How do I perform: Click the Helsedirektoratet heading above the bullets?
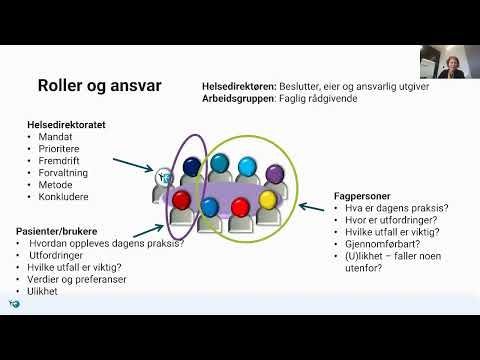pyautogui.click(x=67, y=124)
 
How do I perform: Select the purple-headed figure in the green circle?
pyautogui.click(x=277, y=171)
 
